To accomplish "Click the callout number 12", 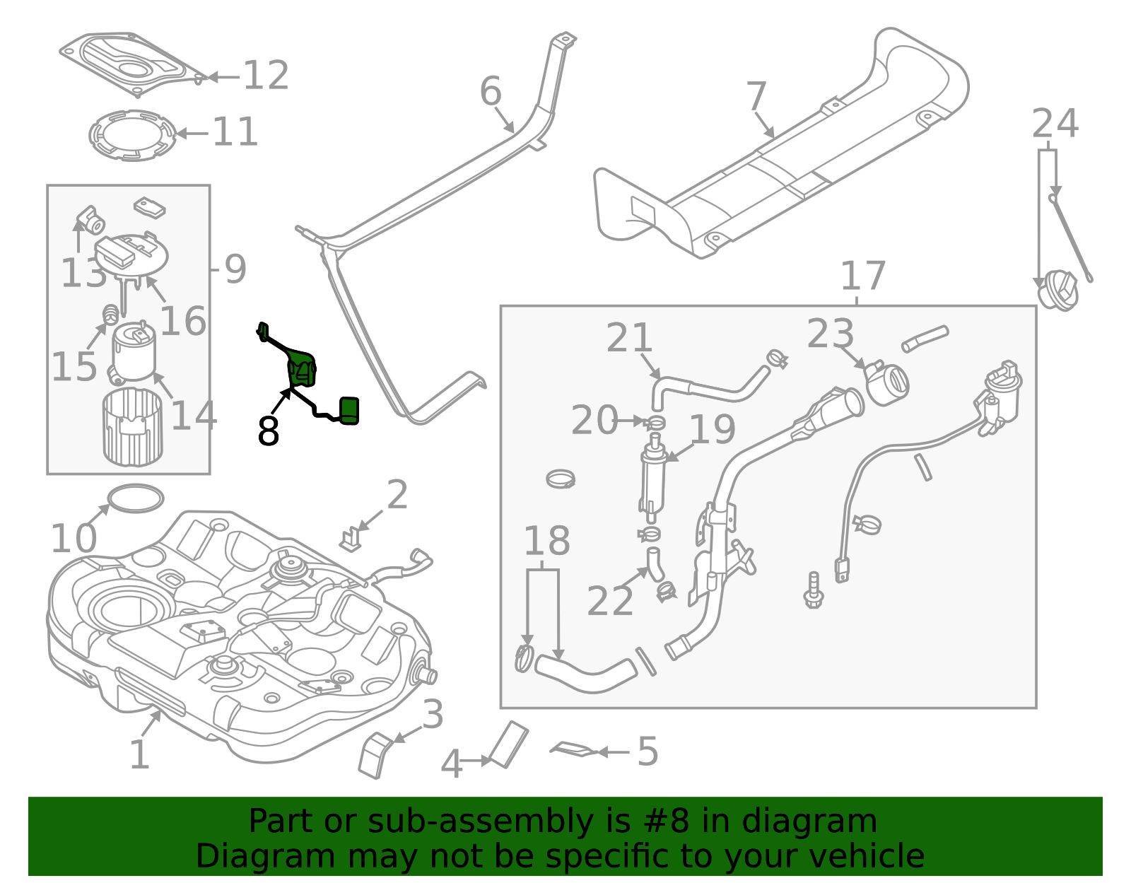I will [266, 76].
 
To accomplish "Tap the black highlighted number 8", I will [268, 431].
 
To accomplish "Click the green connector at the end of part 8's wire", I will [349, 411].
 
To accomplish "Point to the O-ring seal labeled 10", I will [135, 498].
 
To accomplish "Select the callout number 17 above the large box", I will [862, 276].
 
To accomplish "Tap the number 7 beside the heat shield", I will [756, 96].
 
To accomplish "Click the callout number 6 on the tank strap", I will [490, 92].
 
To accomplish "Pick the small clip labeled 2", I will [350, 539].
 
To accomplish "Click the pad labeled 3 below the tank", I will [374, 755].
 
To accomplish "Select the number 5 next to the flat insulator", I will [647, 752].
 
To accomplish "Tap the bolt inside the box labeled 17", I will [814, 590].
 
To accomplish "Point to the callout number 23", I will [831, 334].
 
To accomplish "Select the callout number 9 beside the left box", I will [235, 269].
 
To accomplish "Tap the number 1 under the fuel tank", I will [139, 755].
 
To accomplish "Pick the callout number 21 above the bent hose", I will [628, 338].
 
